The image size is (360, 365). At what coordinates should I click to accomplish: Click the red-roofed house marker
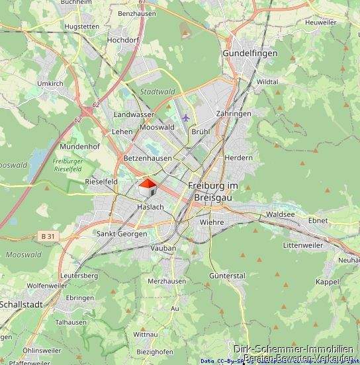click(148, 187)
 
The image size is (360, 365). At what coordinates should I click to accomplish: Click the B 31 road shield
click(47, 236)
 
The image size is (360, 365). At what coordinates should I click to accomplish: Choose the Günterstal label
click(226, 275)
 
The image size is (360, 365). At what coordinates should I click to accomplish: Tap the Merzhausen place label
click(166, 281)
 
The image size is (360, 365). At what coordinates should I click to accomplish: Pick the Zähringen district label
click(233, 114)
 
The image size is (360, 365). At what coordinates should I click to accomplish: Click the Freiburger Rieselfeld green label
click(66, 165)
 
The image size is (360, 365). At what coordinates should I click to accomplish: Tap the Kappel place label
click(328, 282)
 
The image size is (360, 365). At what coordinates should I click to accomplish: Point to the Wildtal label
click(267, 81)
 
